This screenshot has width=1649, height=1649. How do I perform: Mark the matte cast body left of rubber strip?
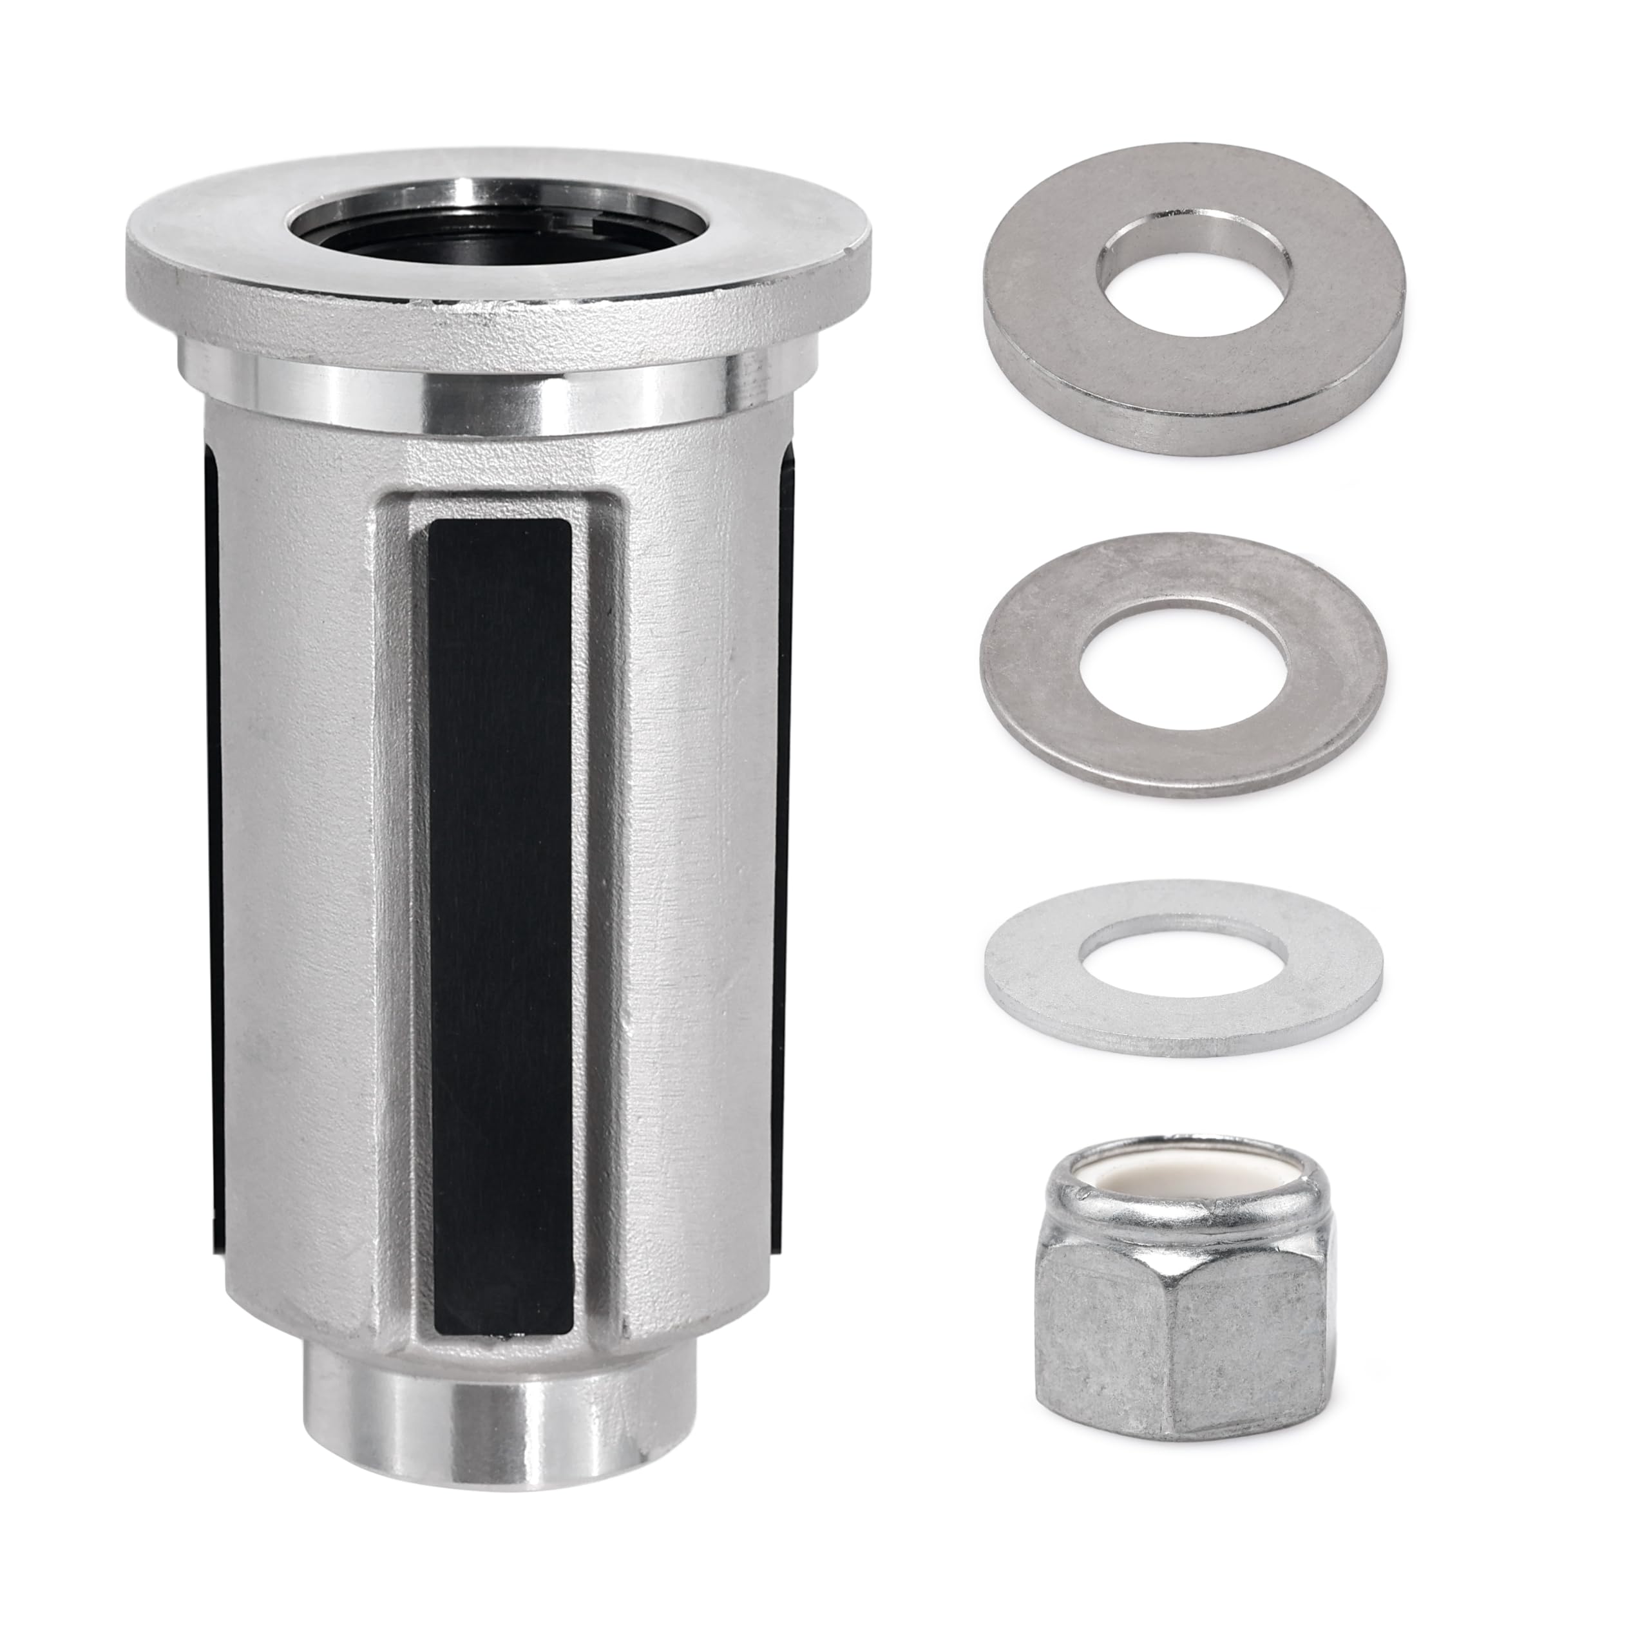tap(307, 853)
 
